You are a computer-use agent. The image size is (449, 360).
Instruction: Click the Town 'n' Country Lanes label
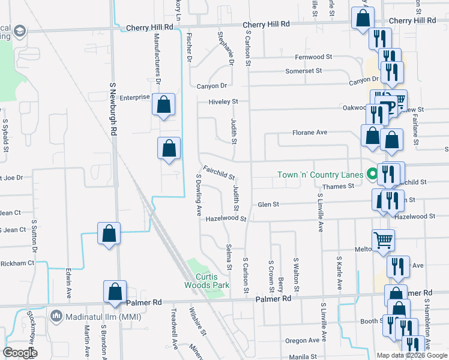(x=319, y=175)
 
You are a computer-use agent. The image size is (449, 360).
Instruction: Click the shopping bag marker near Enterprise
(x=163, y=105)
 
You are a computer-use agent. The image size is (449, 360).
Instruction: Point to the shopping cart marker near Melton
(x=383, y=240)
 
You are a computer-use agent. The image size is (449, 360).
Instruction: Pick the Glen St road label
(x=268, y=205)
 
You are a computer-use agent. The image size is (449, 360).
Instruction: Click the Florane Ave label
(x=310, y=132)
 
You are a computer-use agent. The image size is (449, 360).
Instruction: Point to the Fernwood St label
(x=313, y=57)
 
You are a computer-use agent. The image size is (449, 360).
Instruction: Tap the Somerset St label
(x=303, y=71)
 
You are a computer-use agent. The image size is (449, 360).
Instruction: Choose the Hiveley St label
(x=223, y=101)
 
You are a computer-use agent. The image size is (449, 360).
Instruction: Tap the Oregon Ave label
(x=303, y=340)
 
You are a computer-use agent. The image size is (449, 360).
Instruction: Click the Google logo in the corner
(x=20, y=352)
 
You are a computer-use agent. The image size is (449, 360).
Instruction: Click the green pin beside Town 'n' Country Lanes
(x=372, y=175)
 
